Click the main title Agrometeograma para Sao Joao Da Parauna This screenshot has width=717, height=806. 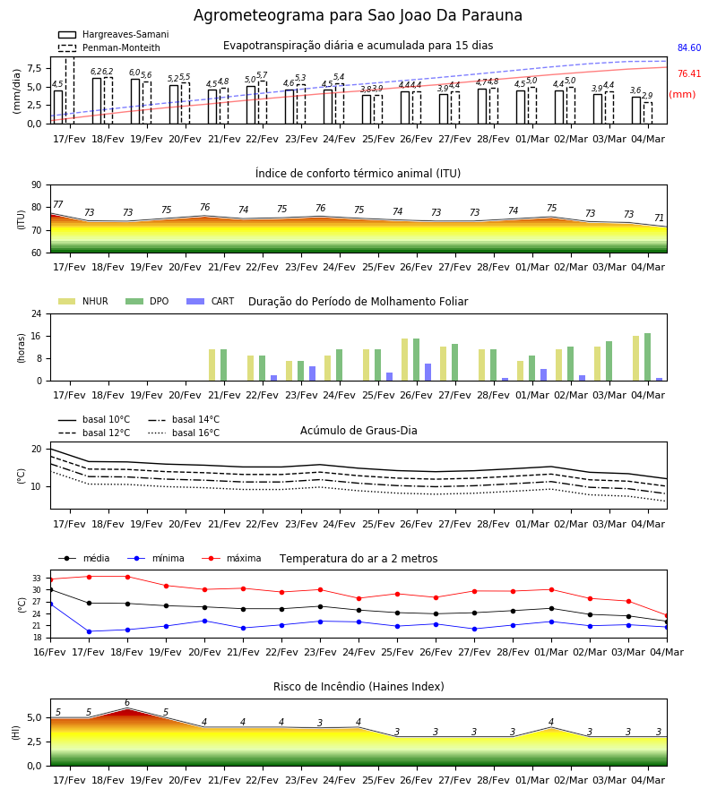coord(358,15)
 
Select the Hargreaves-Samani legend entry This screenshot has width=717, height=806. coord(114,34)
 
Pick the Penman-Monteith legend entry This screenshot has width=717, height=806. coord(109,47)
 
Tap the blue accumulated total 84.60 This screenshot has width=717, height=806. coord(688,47)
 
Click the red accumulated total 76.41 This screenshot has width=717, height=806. coord(688,73)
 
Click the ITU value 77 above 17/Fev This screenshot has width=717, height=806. coord(58,204)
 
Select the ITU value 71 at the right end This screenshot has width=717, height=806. coord(659,218)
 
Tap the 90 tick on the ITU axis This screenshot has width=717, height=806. coord(37,185)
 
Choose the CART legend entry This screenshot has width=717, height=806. coord(211,301)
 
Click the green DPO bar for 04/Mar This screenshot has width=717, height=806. coord(648,357)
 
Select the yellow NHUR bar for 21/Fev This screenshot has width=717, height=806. coord(212,365)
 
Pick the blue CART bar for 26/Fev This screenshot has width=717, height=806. coord(428,373)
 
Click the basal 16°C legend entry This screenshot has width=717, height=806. coord(184,433)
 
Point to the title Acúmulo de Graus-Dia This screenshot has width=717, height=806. coord(358,430)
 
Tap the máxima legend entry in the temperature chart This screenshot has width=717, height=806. coord(231,558)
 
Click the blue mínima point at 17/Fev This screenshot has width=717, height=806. coord(89,631)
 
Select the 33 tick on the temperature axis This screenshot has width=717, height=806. coord(37,579)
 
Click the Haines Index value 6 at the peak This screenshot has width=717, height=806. coord(127,703)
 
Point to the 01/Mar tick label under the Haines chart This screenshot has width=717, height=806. coord(532,780)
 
